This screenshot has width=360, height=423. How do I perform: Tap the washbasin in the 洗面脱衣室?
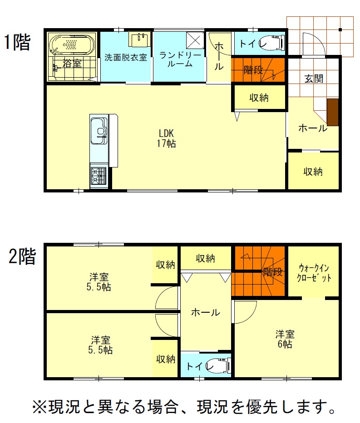coord(139,39)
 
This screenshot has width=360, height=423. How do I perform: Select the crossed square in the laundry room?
coord(195,40)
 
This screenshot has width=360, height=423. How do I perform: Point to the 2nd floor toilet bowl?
coord(219,365)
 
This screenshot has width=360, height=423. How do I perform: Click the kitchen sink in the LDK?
coord(99,131)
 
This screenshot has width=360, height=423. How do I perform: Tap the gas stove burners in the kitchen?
coord(99,176)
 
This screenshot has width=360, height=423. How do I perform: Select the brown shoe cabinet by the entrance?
coord(333,112)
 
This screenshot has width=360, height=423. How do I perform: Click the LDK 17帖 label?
coord(167,138)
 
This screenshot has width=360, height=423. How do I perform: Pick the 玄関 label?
coord(314,79)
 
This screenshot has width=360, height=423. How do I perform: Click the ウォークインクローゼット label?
coord(314,273)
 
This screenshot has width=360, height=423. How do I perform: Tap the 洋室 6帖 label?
coord(285,339)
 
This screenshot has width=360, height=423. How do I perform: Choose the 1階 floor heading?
coord(17,42)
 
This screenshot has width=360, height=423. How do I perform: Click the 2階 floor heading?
coord(22,256)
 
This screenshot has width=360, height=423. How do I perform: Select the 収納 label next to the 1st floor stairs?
coord(259,98)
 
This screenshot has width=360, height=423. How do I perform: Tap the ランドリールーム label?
coord(180,59)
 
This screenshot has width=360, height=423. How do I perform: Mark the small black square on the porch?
coord(340,30)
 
